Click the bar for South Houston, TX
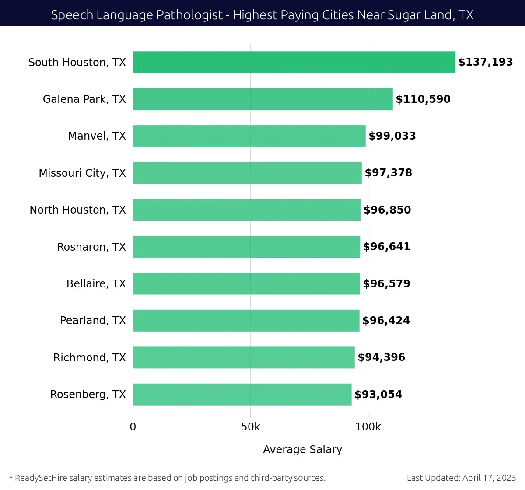pos(294,62)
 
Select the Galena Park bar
pos(262,99)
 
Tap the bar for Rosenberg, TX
pos(242,394)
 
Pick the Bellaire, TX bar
pos(246,283)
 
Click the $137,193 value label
pos(485,62)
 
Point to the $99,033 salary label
pos(392,136)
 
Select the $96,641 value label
pos(386,247)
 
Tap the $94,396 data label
pos(381,357)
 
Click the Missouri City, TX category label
pos(82,173)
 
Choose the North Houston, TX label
pos(77,210)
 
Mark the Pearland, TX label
pos(93,321)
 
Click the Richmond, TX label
pos(89,357)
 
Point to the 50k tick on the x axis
pos(250,427)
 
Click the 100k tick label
pos(368,427)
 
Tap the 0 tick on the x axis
pos(133,427)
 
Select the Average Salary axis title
pos(302,449)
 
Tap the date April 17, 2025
pos(489,478)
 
